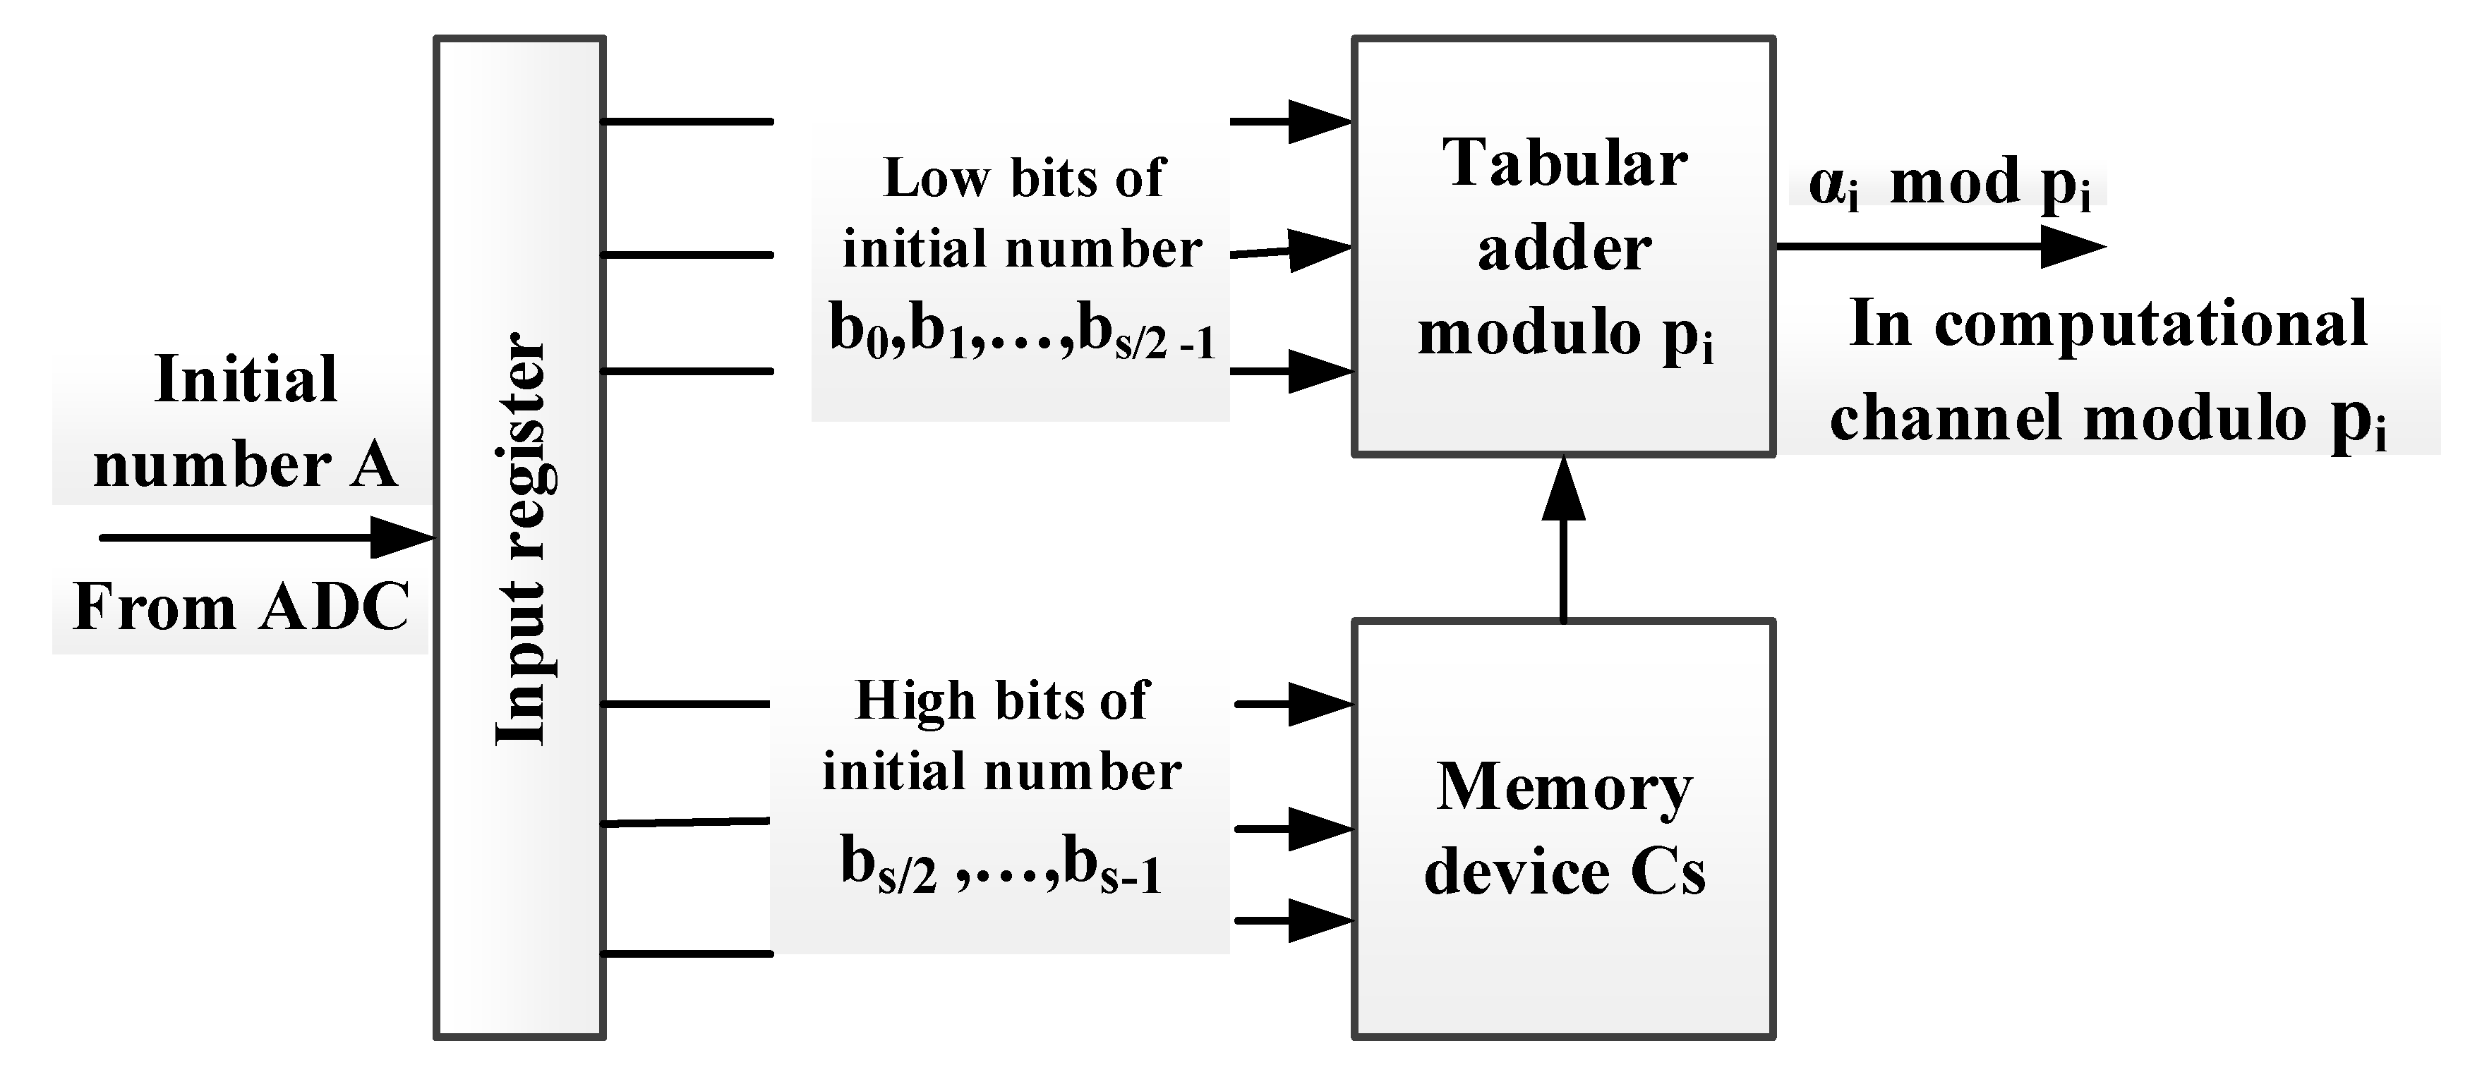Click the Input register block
pos(520,540)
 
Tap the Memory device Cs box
pos(1563,828)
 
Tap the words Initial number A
pos(245,422)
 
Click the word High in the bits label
pos(915,701)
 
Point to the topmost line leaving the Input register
pos(686,121)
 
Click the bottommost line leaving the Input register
pos(686,954)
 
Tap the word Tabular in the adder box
pos(1564,164)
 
